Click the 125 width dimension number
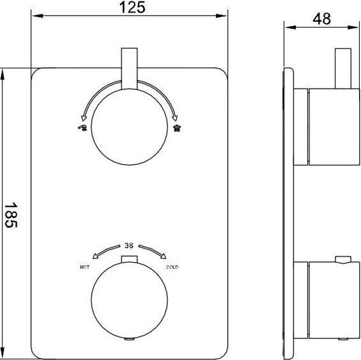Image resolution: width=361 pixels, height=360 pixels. (x=133, y=7)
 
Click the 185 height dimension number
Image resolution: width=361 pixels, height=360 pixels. (x=11, y=215)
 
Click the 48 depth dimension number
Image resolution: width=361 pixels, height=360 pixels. (x=322, y=18)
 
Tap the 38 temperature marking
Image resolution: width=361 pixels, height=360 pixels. (x=129, y=246)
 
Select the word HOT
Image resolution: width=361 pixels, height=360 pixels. (x=85, y=267)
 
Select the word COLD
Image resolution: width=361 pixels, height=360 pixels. (x=172, y=267)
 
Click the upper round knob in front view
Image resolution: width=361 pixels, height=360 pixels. (x=129, y=127)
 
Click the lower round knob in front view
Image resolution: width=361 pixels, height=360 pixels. (x=129, y=300)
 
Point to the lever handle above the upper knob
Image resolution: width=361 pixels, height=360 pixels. (x=129, y=68)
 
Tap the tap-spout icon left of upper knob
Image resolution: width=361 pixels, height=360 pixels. (x=82, y=127)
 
